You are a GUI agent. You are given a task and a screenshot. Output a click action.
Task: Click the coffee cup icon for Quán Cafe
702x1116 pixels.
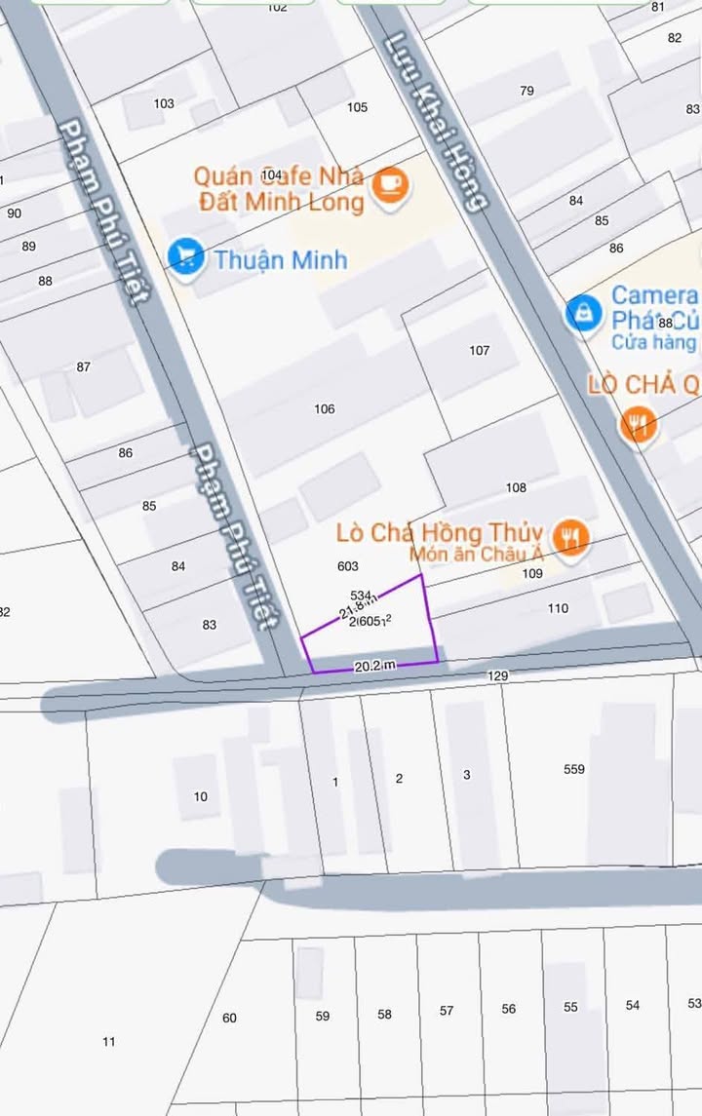click(x=391, y=182)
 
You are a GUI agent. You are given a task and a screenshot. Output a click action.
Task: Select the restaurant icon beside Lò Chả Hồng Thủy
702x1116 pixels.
click(x=571, y=537)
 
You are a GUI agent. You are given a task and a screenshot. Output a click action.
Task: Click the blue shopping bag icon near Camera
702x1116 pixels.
click(x=583, y=314)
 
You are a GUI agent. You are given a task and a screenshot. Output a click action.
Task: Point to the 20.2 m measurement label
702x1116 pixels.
click(x=375, y=666)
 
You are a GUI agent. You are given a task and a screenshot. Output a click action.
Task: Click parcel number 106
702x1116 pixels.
click(x=325, y=408)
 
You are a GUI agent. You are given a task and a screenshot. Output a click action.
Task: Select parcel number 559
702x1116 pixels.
click(x=574, y=769)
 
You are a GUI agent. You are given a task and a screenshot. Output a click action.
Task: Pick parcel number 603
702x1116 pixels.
click(x=347, y=565)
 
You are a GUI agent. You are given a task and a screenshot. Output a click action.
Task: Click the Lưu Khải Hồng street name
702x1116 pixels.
click(x=435, y=122)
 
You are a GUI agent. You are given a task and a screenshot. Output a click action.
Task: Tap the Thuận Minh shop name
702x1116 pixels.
click(x=281, y=260)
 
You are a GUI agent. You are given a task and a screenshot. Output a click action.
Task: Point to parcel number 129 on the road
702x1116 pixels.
click(x=497, y=675)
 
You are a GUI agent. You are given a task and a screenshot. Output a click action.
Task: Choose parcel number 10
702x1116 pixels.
click(x=200, y=796)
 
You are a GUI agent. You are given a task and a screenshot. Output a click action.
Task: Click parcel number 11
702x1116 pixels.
click(x=108, y=1041)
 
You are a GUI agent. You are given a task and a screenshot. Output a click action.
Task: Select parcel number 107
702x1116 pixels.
click(x=479, y=350)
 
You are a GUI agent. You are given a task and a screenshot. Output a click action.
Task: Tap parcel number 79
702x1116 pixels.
click(x=526, y=91)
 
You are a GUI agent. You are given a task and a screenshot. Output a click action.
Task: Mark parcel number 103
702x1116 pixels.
click(x=164, y=103)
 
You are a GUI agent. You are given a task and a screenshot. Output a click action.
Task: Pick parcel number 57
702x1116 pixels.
click(x=446, y=1011)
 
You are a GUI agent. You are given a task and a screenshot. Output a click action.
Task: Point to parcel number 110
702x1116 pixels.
click(x=557, y=608)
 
